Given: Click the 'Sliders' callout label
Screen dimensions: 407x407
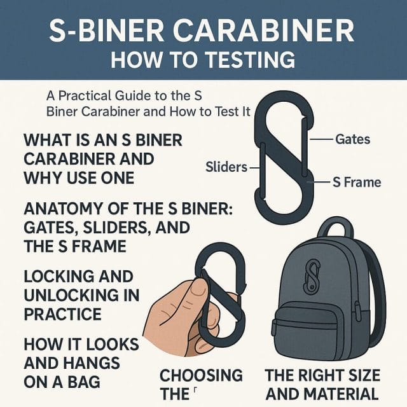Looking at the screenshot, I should click(226, 168).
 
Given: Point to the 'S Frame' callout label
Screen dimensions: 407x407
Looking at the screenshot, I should click(357, 183).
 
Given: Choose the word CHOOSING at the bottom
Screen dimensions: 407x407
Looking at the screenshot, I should click(201, 375).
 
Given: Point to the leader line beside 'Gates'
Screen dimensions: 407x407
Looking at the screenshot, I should click(323, 139).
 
